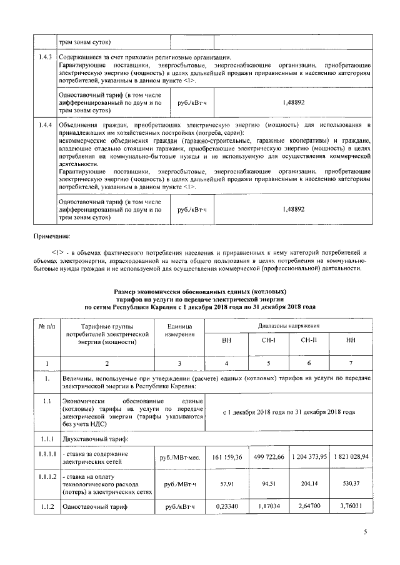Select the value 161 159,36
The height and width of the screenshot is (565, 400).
pyautogui.click(x=227, y=457)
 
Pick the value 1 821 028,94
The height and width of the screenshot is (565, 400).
pyautogui.click(x=351, y=457)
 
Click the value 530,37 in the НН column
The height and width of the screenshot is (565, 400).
pyautogui.click(x=351, y=483)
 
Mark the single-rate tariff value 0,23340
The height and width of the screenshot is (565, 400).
pyautogui.click(x=227, y=508)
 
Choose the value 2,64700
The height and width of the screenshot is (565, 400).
pyautogui.click(x=309, y=508)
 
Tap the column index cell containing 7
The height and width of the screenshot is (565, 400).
pyautogui.click(x=351, y=362)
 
